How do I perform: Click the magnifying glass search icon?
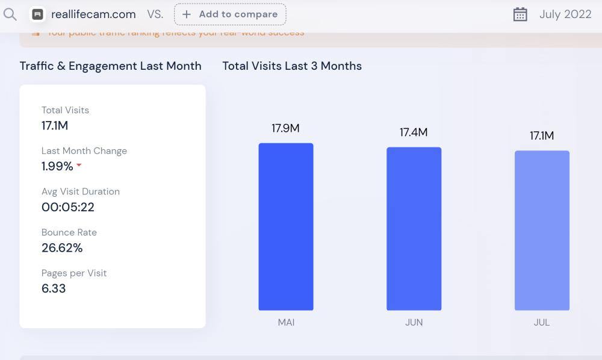click(10, 14)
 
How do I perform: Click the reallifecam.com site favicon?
click(38, 14)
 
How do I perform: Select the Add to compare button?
click(230, 14)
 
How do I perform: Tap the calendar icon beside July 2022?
click(520, 14)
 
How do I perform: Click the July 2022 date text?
click(565, 14)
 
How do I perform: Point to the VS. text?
click(155, 14)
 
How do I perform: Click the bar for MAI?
click(286, 226)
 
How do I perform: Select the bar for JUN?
click(414, 229)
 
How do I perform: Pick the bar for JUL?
click(542, 231)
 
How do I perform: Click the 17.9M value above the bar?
click(285, 128)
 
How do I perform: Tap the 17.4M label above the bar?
click(414, 132)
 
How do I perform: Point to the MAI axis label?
click(286, 322)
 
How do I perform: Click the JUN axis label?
click(414, 322)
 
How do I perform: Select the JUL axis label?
click(542, 322)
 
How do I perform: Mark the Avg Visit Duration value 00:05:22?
click(68, 207)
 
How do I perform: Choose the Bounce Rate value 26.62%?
click(62, 247)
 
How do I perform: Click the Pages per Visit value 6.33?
click(54, 288)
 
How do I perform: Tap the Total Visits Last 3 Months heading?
click(292, 66)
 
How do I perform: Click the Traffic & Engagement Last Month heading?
click(111, 66)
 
